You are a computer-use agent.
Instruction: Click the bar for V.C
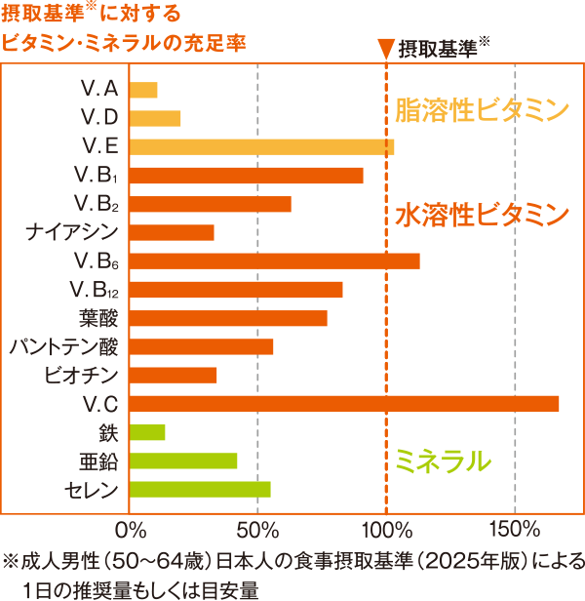(343, 404)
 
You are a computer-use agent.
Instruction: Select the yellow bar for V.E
(261, 147)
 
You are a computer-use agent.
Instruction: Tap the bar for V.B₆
(274, 260)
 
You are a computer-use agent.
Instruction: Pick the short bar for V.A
(143, 91)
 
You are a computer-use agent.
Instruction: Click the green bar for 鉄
(147, 432)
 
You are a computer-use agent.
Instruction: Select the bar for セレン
(200, 490)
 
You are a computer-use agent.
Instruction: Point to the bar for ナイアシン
(172, 232)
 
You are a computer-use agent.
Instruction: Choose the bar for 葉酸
(228, 318)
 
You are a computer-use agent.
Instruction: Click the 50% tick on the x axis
(257, 531)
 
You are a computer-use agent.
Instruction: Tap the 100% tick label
(387, 531)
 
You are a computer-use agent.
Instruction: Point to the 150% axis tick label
(515, 531)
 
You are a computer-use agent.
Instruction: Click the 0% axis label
(130, 531)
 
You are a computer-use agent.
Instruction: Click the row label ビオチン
(82, 375)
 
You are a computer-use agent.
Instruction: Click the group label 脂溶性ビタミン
(481, 109)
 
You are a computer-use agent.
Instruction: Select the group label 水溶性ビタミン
(481, 214)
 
